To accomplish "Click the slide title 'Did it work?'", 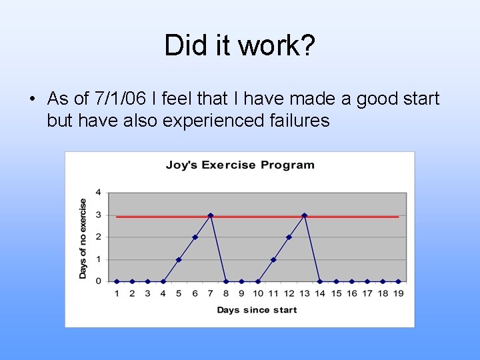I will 240,45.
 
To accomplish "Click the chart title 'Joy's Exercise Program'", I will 240,165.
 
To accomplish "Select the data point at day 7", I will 211,215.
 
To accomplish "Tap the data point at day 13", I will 305,215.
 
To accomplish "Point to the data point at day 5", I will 179,259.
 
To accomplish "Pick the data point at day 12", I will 289,237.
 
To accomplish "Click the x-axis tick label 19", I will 399,293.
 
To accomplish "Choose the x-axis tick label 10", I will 257,293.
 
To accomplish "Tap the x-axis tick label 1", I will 117,293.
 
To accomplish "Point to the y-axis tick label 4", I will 99,193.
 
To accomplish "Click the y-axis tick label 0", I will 99,281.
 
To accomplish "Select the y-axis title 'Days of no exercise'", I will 83,239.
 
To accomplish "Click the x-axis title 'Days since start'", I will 257,310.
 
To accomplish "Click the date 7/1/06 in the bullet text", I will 121,99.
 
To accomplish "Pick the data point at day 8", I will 226,281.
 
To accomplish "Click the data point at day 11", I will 273,259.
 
